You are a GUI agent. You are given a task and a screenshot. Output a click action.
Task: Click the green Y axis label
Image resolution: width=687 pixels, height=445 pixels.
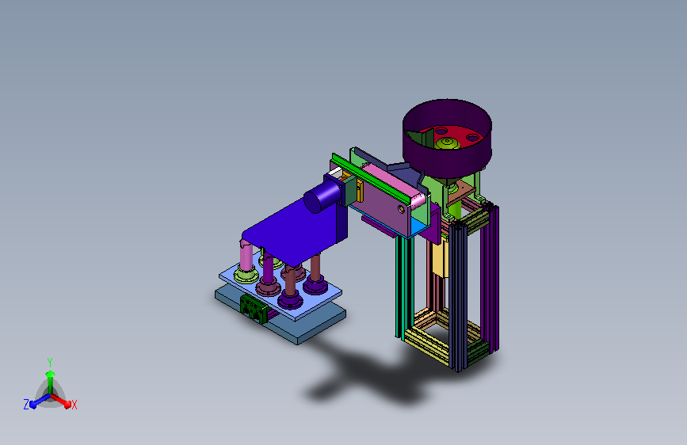click(50, 363)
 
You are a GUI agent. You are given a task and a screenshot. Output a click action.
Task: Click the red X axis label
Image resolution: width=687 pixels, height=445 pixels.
click(74, 405)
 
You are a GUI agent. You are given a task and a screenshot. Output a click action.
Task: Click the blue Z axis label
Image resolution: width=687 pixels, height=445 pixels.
click(26, 405)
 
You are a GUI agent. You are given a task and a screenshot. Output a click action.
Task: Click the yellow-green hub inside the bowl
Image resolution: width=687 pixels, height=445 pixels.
click(448, 143)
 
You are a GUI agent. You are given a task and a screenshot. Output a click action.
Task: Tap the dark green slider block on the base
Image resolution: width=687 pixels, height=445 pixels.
click(254, 308)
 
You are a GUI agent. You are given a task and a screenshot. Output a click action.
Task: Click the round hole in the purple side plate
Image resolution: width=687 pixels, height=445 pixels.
click(401, 209)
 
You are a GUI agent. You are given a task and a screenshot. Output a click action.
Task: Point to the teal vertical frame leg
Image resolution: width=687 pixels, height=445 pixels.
click(404, 287)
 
